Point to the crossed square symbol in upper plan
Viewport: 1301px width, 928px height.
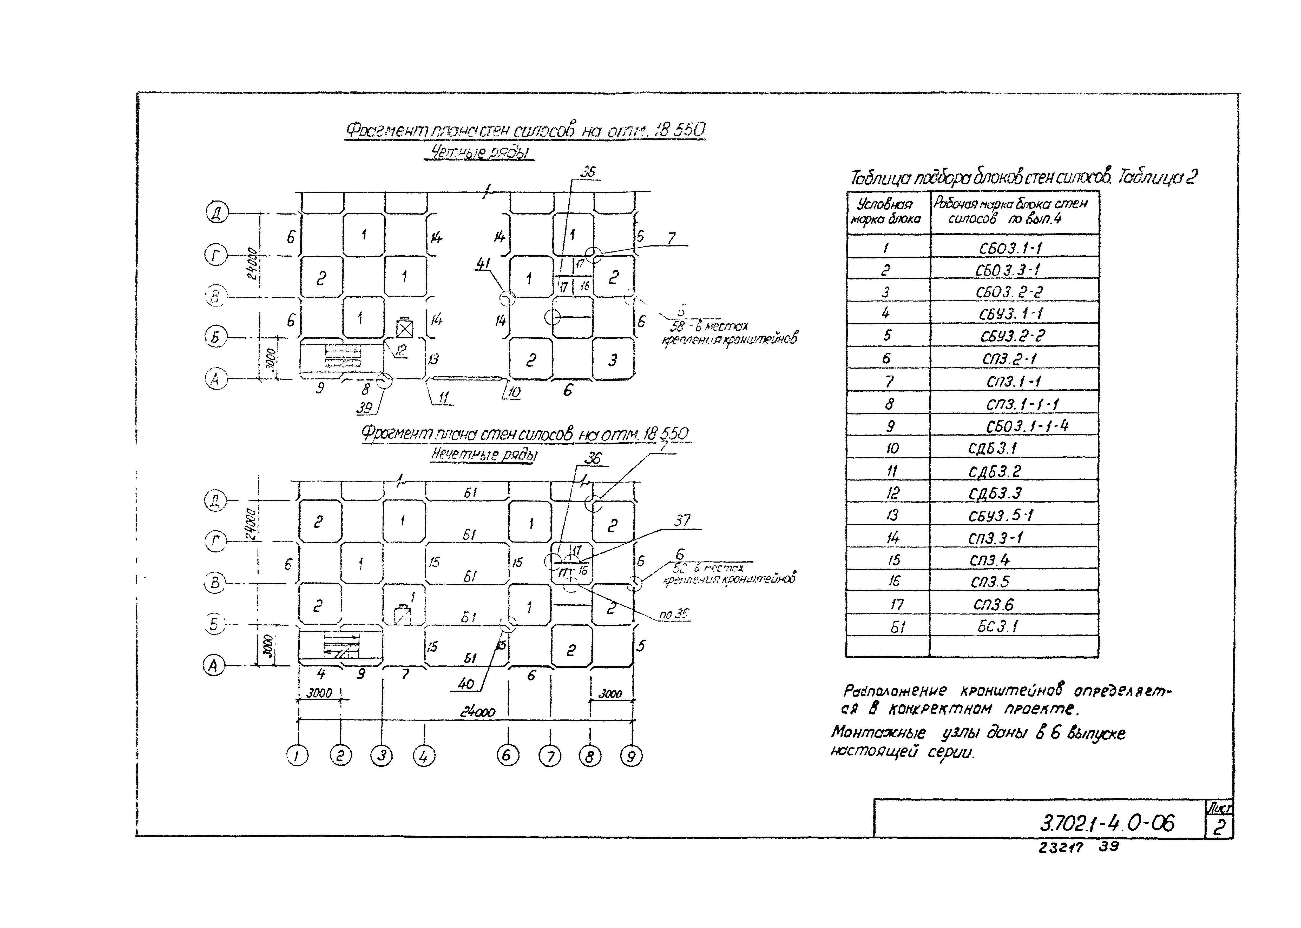(x=405, y=329)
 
